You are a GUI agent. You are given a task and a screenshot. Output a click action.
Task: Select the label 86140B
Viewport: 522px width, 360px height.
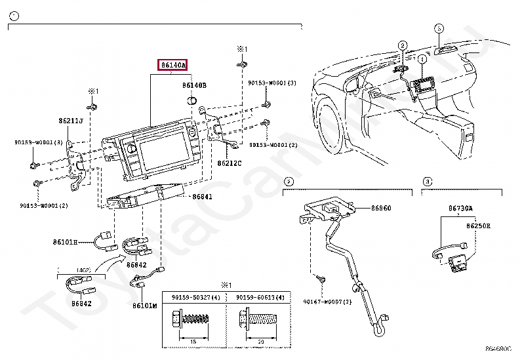pyautogui.click(x=194, y=85)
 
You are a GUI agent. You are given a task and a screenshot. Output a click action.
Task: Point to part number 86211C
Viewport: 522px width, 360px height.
pyautogui.click(x=70, y=121)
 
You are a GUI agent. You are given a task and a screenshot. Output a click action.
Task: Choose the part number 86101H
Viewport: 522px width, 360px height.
pyautogui.click(x=66, y=242)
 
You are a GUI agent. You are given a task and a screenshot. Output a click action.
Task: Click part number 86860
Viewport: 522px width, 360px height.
pyautogui.click(x=380, y=208)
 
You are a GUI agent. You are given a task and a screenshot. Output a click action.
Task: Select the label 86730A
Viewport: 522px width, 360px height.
pyautogui.click(x=460, y=209)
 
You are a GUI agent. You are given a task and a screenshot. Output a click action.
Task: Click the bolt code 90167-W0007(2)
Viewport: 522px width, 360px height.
pyautogui.click(x=328, y=302)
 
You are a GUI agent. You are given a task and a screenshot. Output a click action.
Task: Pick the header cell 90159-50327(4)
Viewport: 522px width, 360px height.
pyautogui.click(x=193, y=298)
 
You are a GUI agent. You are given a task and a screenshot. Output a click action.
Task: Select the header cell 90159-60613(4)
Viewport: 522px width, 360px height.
pyautogui.click(x=260, y=298)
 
